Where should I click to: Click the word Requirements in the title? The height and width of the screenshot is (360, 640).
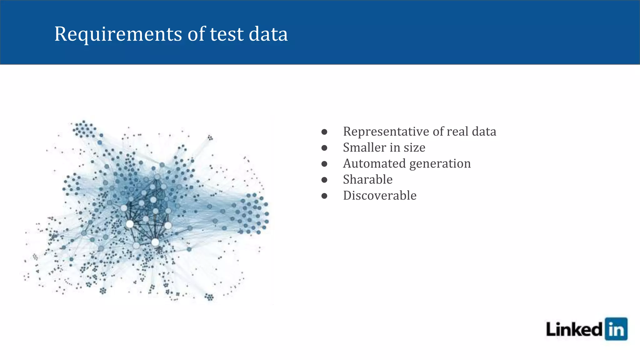pyautogui.click(x=118, y=34)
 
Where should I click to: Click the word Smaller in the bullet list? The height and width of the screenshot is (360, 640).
pyautogui.click(x=364, y=147)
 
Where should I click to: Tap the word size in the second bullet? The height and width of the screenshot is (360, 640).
pyautogui.click(x=414, y=147)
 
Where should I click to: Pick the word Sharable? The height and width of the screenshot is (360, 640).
pyautogui.click(x=368, y=180)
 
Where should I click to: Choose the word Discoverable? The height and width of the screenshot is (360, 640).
pyautogui.click(x=380, y=196)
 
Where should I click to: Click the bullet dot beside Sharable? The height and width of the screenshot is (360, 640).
pyautogui.click(x=324, y=180)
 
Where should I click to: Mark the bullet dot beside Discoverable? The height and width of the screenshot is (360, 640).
pyautogui.click(x=324, y=196)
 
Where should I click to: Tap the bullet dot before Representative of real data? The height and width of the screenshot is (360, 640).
pyautogui.click(x=324, y=132)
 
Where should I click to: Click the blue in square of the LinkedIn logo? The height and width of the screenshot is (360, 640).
pyautogui.click(x=616, y=329)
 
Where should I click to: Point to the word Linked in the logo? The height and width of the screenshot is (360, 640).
pyautogui.click(x=574, y=330)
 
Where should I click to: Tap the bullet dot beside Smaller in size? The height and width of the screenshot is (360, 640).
pyautogui.click(x=324, y=148)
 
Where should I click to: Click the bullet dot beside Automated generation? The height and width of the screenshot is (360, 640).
pyautogui.click(x=324, y=164)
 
